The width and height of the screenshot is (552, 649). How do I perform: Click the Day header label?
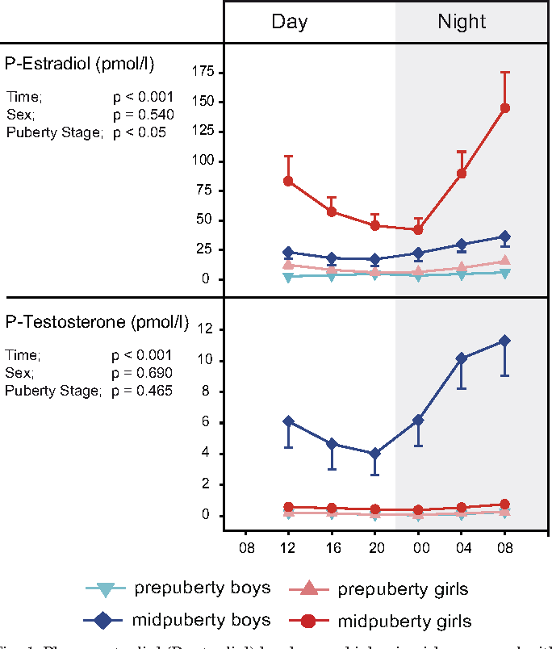coord(289,22)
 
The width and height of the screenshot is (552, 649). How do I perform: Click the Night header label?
coord(462,22)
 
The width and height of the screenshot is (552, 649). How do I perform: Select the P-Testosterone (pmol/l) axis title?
coord(97,323)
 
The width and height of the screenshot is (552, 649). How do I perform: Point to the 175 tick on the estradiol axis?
coord(202,73)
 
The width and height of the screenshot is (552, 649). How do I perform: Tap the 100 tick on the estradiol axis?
coord(202,161)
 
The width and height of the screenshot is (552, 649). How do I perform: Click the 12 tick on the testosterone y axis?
coord(206,329)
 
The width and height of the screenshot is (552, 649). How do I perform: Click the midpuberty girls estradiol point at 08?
coord(505,108)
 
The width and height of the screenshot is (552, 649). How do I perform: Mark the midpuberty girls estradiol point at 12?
coord(289,181)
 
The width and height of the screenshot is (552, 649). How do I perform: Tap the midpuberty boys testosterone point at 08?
coord(505,341)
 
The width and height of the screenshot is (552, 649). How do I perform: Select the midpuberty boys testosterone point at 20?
coord(375,454)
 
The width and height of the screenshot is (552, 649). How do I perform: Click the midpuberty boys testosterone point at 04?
coord(462,358)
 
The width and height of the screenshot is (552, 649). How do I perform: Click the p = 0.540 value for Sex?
coord(143,114)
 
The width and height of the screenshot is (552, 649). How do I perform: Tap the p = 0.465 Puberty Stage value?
coord(143,391)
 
